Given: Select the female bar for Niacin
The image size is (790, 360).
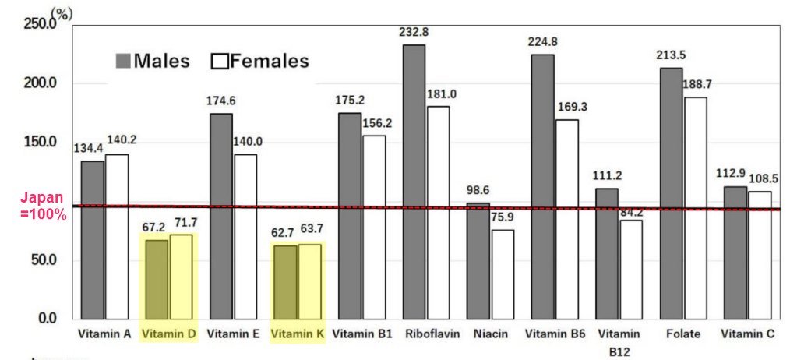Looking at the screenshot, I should (503, 274).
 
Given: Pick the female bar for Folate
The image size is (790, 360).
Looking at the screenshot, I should (697, 207).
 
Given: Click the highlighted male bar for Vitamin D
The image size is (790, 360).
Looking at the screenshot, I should (157, 279).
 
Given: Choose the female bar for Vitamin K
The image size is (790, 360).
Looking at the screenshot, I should (309, 281).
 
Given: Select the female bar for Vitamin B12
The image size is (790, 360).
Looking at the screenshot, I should (632, 269).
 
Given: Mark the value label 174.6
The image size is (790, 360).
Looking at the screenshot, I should (221, 101).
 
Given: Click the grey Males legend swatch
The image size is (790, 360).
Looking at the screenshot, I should (122, 61).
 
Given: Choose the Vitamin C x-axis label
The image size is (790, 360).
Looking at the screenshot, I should (747, 334).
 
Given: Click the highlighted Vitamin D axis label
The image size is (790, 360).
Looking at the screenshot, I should (168, 334).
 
